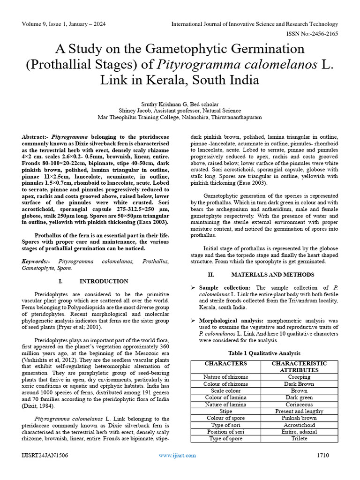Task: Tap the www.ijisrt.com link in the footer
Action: pyautogui.click(x=177, y=455)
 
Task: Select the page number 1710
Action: pyautogui.click(x=323, y=455)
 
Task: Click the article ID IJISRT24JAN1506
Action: pyautogui.click(x=44, y=455)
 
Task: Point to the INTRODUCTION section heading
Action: pyautogui.click(x=104, y=281)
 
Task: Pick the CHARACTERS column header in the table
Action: pyautogui.click(x=225, y=363)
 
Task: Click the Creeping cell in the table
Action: pyautogui.click(x=299, y=377)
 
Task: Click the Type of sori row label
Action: pyautogui.click(x=225, y=425)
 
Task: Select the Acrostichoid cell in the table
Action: pyautogui.click(x=299, y=425)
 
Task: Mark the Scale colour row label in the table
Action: pyautogui.click(x=225, y=390)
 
